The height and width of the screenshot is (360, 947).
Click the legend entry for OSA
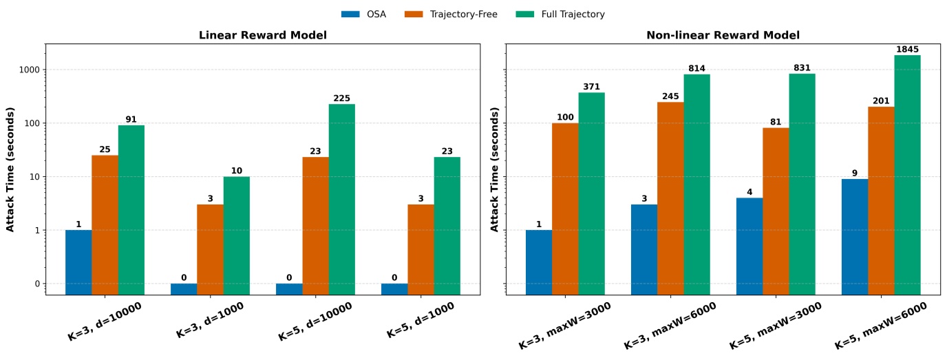[363, 14]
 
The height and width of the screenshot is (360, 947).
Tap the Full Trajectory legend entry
[558, 14]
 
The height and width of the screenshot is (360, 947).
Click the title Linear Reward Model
[262, 35]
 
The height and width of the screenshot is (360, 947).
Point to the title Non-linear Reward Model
[723, 35]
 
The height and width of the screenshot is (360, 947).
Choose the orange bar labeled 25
[105, 224]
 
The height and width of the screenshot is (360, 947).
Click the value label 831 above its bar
[802, 68]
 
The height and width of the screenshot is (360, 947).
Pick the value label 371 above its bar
[591, 87]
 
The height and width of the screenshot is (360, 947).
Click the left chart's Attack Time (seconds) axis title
[11, 169]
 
